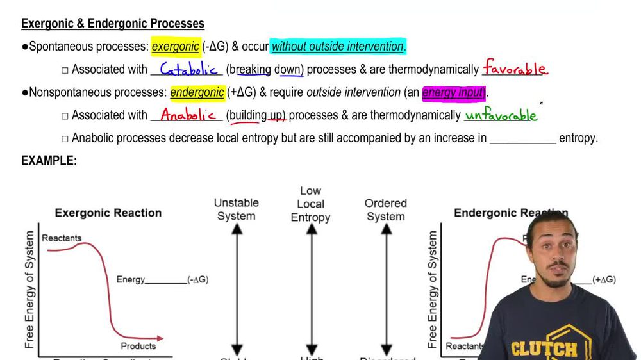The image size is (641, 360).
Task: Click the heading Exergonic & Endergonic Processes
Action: tap(113, 24)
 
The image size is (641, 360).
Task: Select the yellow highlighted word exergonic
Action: tap(175, 47)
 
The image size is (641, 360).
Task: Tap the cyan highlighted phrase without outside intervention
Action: tap(338, 47)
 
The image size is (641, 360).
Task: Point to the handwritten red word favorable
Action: tap(515, 68)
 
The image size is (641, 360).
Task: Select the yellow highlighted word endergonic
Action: tap(197, 92)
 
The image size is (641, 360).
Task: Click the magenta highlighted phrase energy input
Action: tap(453, 92)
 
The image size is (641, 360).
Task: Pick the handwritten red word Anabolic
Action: tap(188, 115)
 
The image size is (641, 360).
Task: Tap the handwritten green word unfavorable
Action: tap(501, 115)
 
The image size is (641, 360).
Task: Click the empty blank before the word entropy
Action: tap(522, 138)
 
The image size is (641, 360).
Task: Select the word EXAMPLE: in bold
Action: tap(49, 161)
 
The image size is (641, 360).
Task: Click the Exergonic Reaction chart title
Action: tap(108, 213)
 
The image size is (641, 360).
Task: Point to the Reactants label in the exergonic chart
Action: tap(62, 238)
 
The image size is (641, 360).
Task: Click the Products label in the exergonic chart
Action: tap(138, 346)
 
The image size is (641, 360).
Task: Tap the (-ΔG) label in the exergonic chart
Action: tap(197, 280)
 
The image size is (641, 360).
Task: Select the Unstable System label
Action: tap(237, 209)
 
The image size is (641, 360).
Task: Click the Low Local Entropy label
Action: tap(311, 204)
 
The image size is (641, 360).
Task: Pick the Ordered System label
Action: tap(386, 209)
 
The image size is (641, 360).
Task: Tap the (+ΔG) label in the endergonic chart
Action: tap(604, 280)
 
